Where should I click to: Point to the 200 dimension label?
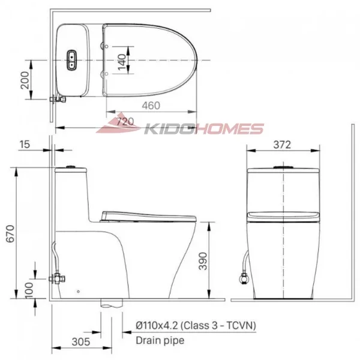click(x=25, y=79)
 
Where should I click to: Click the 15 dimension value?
click(x=25, y=144)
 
